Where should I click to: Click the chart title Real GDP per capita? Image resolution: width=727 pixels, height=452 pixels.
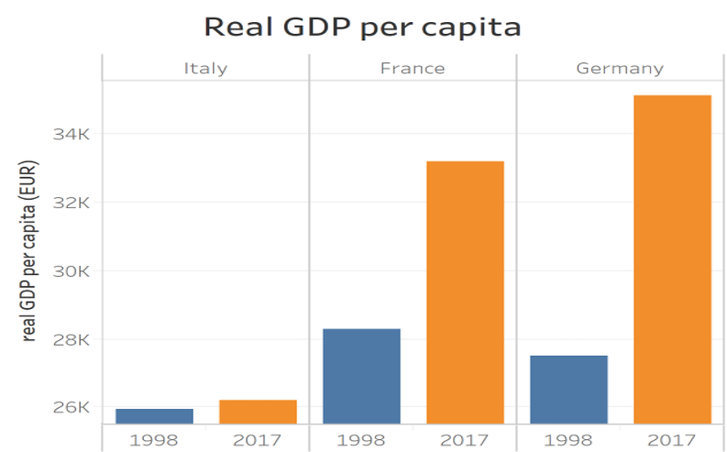tap(363, 27)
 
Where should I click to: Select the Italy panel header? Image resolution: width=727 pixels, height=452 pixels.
tap(205, 68)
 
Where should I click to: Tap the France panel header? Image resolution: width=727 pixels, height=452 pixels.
tap(413, 68)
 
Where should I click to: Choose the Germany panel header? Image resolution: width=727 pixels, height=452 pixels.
tap(619, 68)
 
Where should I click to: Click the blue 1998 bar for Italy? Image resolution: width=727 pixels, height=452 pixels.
tap(154, 416)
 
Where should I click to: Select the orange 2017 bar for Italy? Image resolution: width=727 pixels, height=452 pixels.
tap(258, 411)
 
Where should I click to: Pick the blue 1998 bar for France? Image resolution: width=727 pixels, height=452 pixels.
tap(361, 376)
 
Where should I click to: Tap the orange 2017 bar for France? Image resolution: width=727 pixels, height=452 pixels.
tap(465, 292)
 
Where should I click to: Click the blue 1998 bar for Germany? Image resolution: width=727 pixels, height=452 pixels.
tap(569, 389)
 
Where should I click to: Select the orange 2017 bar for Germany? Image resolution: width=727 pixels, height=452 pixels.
tap(672, 259)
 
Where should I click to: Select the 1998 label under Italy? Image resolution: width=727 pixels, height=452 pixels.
tap(154, 440)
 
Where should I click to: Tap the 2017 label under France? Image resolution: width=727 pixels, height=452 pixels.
tap(465, 440)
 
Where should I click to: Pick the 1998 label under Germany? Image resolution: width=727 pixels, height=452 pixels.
tap(569, 440)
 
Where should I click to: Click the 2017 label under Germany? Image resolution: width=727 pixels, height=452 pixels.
tap(672, 440)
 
